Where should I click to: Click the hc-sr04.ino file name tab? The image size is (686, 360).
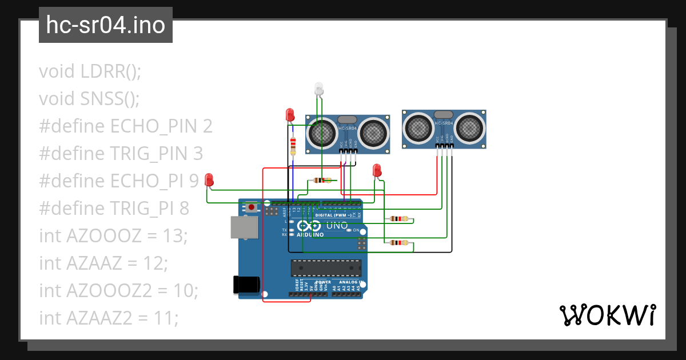pos(106,25)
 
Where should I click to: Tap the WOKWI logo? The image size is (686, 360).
pos(607,315)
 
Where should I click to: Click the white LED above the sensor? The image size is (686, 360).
pos(319,89)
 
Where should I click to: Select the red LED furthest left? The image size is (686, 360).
pos(209,180)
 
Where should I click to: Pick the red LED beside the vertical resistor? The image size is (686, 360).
pos(290,114)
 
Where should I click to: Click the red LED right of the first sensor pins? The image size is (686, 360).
pos(376,170)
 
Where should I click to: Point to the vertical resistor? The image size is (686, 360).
pos(293,145)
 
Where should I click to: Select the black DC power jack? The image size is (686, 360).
pos(246,285)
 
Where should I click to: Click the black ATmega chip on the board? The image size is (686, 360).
pos(326,267)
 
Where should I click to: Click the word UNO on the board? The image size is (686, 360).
pos(337,226)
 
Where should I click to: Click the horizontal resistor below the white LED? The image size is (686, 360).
pos(322,181)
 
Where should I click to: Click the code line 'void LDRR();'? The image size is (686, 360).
pos(90,71)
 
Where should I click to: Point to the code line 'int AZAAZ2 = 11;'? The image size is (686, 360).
pos(109,318)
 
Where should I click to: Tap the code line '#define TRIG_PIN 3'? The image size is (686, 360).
pos(121,154)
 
